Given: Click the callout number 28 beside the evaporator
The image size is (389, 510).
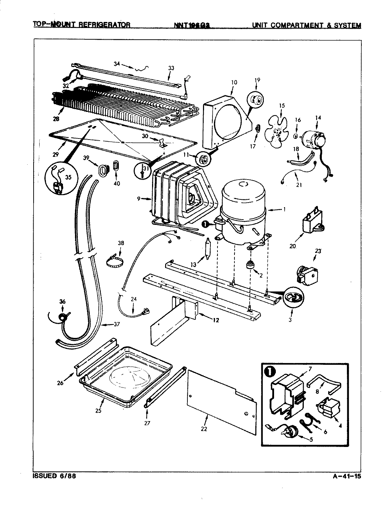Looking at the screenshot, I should click(x=56, y=119).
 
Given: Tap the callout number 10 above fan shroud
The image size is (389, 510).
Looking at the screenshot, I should click(x=234, y=83).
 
